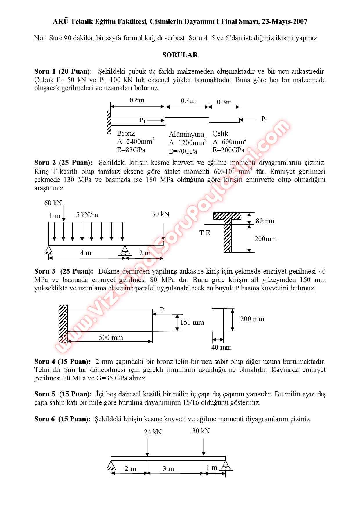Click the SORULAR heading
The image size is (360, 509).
coord(180,55)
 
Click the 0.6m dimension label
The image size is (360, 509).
coord(137,100)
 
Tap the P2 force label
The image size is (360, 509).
coord(264,119)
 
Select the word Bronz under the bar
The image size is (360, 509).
coord(126,133)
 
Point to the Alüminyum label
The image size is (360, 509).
coord(186,134)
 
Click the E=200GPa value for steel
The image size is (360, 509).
coord(228,150)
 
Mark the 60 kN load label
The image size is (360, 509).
coord(53,203)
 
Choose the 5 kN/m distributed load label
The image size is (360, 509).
coord(87,215)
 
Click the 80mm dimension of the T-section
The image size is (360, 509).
coord(265,221)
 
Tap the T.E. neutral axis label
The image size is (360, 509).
coord(206,233)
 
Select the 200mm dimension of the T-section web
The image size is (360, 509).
coord(266,239)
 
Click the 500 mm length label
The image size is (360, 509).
coord(111,337)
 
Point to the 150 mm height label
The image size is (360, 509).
coord(192,322)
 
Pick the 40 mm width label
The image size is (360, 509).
coord(222,347)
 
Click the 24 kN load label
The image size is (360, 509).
coord(153,432)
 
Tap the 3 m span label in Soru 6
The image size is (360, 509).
coord(168,469)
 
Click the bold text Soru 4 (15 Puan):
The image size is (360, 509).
coord(62,362)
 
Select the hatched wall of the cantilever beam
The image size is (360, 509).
coord(63,324)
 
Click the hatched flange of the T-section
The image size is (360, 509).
coord(227,216)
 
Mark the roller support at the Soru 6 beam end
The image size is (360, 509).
coord(226,468)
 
